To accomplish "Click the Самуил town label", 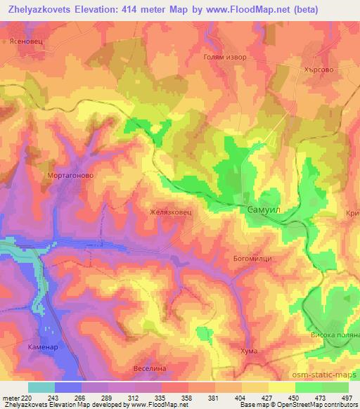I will coord(266,209).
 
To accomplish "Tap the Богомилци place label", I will coord(252,259).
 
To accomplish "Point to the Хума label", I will coord(248,351).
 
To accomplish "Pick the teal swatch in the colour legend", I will coord(41,387).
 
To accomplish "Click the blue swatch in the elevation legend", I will coord(68,387).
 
